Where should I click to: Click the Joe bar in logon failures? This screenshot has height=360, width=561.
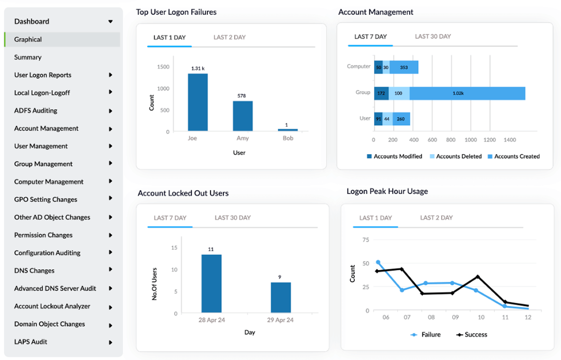tap(198, 102)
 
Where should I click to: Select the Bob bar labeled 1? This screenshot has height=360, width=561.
tap(288, 130)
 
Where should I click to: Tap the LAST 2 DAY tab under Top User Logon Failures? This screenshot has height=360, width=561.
tap(229, 37)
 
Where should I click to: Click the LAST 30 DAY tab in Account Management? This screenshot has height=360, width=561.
tap(433, 36)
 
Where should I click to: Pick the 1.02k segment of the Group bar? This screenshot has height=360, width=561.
tap(467, 93)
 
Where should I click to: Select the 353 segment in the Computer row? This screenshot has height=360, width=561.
tap(404, 67)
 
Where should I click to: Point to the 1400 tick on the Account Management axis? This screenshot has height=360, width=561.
tap(510, 140)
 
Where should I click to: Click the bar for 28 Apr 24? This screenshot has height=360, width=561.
tap(212, 283)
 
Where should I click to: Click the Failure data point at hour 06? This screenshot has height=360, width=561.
tap(378, 263)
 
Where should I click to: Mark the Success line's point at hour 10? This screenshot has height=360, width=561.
tap(478, 277)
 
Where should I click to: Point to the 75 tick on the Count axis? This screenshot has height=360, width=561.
tap(366, 239)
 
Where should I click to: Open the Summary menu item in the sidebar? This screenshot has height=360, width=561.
tap(28, 57)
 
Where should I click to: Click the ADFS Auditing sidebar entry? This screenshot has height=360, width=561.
tap(36, 111)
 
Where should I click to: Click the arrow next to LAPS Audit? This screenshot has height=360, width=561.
tap(110, 342)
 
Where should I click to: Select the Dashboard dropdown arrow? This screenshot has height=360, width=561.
tap(110, 21)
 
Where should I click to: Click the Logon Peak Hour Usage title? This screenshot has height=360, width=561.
tap(387, 191)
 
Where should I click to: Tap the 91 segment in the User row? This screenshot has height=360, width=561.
tap(378, 119)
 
